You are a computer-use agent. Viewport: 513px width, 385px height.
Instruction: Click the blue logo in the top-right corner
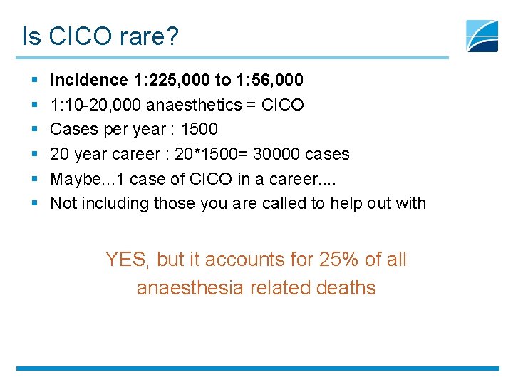pos(482,36)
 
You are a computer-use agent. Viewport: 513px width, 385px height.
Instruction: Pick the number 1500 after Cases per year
pos(199,129)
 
